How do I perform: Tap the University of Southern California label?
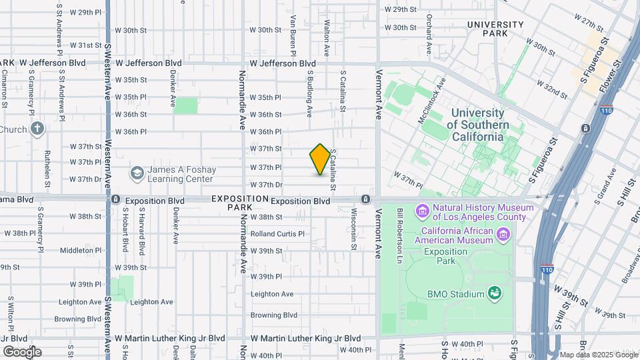click(478, 125)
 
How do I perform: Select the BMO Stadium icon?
click(494, 292)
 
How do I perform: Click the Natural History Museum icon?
click(422, 212)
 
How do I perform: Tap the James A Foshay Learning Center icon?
click(137, 174)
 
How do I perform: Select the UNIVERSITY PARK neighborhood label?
click(495, 29)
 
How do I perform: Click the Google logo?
click(21, 351)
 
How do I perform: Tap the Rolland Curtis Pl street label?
click(277, 234)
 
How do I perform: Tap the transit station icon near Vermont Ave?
click(365, 199)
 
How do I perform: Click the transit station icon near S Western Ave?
click(116, 199)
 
